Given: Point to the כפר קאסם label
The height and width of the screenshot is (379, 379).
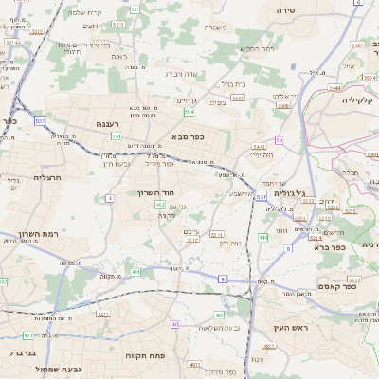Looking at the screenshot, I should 336,285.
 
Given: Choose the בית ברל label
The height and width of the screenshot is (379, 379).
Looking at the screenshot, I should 230,83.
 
